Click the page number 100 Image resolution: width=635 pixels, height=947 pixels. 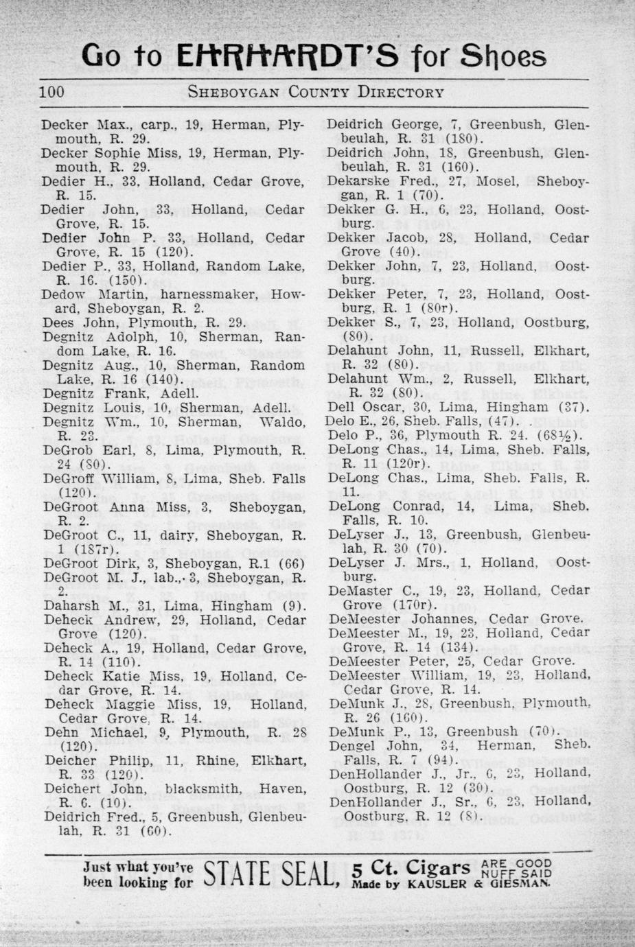pos(53,92)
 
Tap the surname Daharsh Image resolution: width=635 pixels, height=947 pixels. pos(71,605)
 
